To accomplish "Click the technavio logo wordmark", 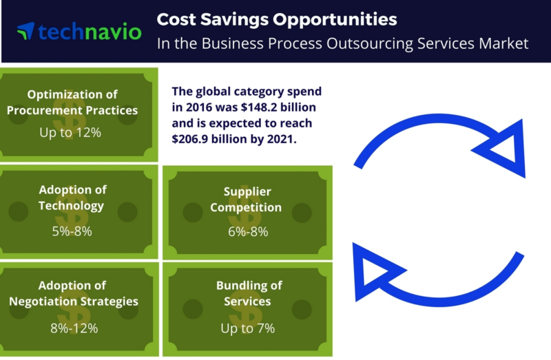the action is tap(90, 32).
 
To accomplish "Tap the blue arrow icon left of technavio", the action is tap(26, 31).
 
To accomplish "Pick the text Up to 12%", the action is tap(70, 132).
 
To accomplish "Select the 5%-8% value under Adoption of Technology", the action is tap(72, 231).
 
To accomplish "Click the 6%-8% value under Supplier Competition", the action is tap(248, 232).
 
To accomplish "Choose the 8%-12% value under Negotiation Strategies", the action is tap(74, 328).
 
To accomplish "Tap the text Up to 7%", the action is tap(248, 328).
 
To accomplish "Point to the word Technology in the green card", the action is tap(71, 205).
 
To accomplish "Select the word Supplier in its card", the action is tap(247, 192).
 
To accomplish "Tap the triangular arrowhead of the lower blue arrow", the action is tap(375, 272).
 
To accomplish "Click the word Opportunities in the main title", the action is tap(335, 20).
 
